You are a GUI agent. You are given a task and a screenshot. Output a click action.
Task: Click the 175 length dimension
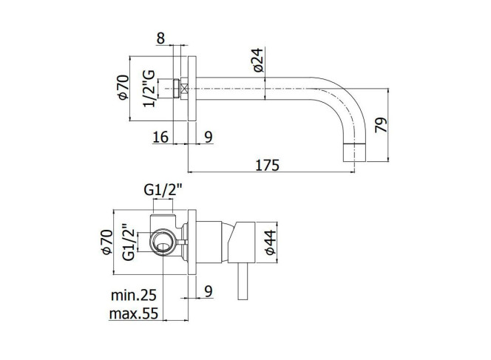point(267,165)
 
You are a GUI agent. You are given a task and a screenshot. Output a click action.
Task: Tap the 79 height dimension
point(381,125)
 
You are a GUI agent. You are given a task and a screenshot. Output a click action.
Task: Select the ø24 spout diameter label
point(258,60)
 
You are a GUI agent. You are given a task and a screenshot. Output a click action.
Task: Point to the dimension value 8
point(160,38)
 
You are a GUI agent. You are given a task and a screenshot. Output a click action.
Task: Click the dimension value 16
point(160,137)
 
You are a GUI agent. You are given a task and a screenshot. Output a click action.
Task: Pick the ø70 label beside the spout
point(123,87)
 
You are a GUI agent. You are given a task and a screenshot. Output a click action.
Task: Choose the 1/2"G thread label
point(149,89)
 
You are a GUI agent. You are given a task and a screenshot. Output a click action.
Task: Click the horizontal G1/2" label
point(163,190)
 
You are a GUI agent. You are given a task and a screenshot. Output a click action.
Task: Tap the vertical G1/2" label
point(129,242)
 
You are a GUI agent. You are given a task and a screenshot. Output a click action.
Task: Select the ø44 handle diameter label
point(270,242)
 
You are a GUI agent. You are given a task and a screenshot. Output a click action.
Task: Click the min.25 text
point(134,295)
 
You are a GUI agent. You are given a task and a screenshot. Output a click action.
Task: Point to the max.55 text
point(134,313)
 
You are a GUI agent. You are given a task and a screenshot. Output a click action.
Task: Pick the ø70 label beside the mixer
point(106,242)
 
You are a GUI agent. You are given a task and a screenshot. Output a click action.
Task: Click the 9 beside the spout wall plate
point(209,137)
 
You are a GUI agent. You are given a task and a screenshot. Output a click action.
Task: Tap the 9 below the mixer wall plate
point(209,291)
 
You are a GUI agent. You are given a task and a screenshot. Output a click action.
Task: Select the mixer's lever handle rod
point(242,281)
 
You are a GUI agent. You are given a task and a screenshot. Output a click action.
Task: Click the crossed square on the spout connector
point(184,89)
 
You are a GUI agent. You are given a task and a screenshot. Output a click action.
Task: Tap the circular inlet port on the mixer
point(163,242)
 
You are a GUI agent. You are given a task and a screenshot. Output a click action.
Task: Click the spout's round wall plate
point(192,89)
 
